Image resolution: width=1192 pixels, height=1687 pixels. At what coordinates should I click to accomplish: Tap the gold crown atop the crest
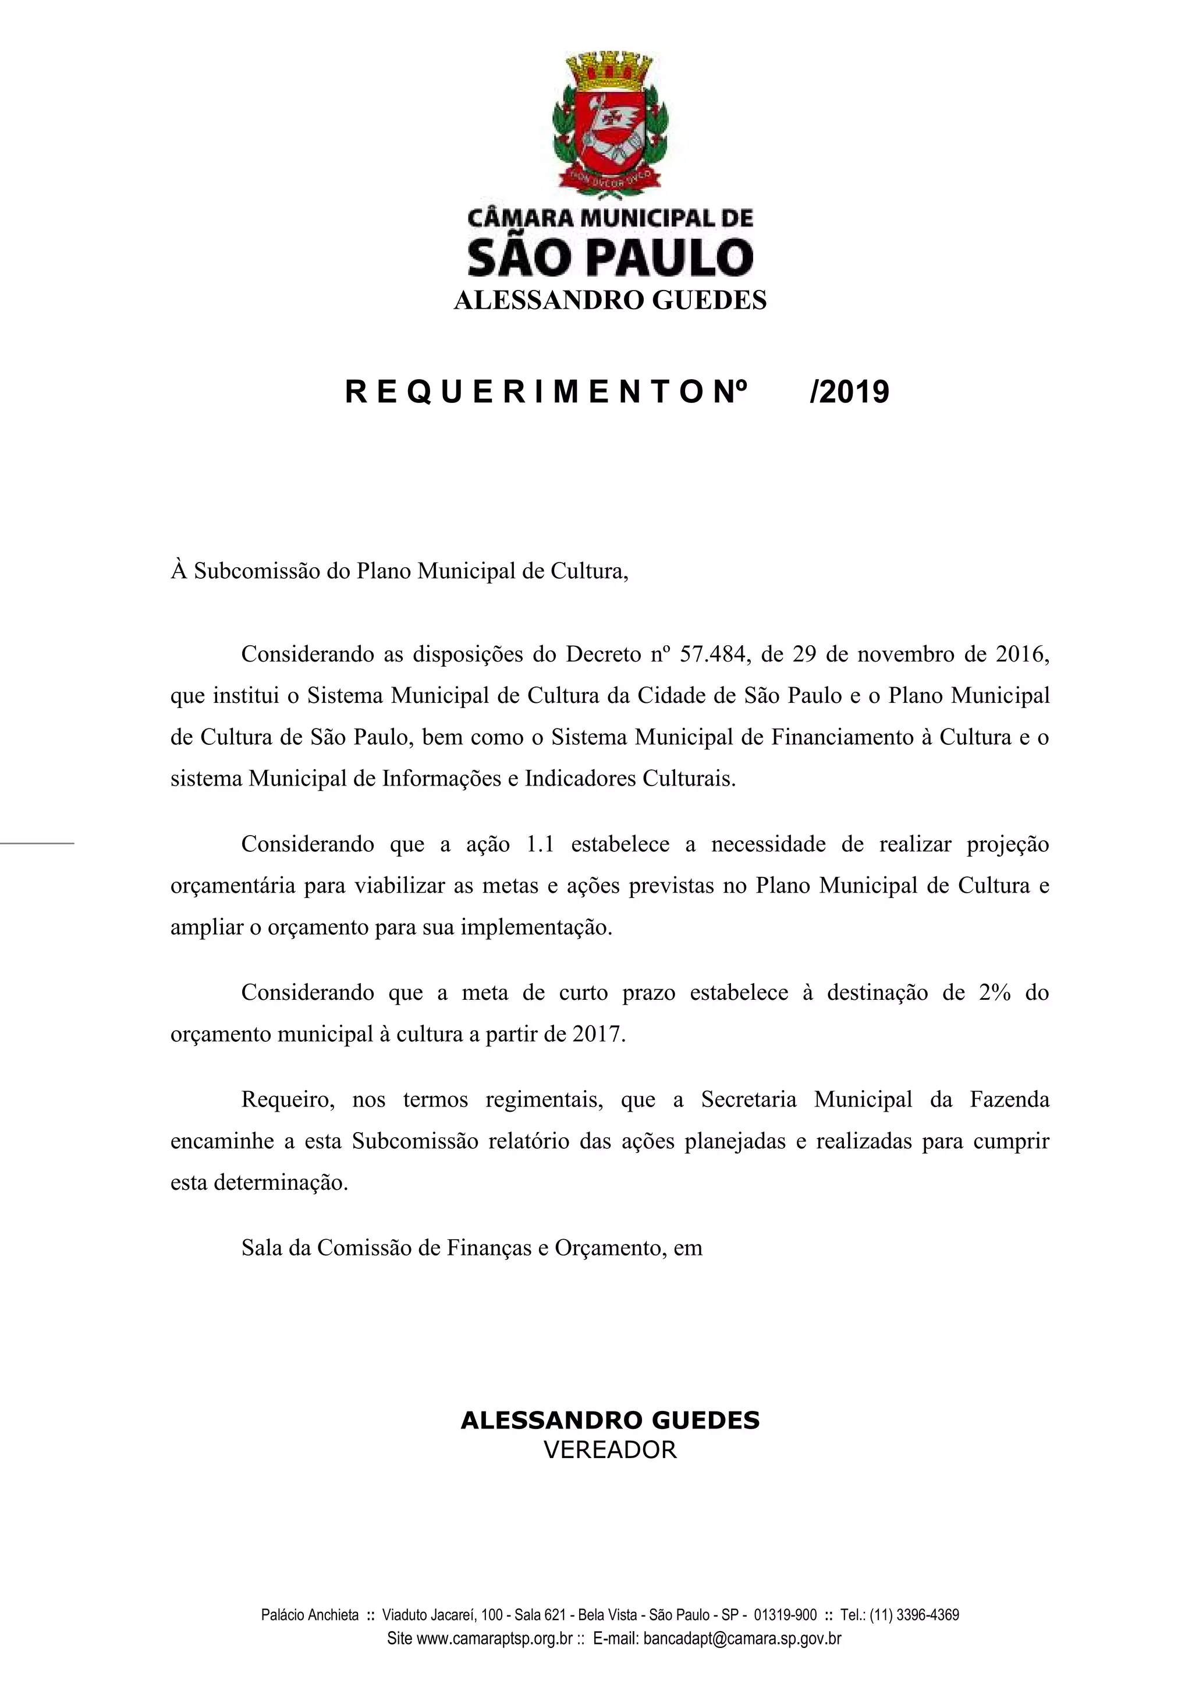pos(611,70)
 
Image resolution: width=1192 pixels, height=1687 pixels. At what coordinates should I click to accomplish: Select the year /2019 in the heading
pos(849,393)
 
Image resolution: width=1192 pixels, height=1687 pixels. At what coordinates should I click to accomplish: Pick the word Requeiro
pos(283,1100)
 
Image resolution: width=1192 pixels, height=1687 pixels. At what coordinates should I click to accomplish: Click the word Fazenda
pos(1009,1100)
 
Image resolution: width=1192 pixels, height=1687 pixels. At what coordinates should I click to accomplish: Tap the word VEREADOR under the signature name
pos(609,1449)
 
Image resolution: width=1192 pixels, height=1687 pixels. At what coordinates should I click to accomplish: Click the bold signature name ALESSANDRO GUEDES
pos(609,1420)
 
